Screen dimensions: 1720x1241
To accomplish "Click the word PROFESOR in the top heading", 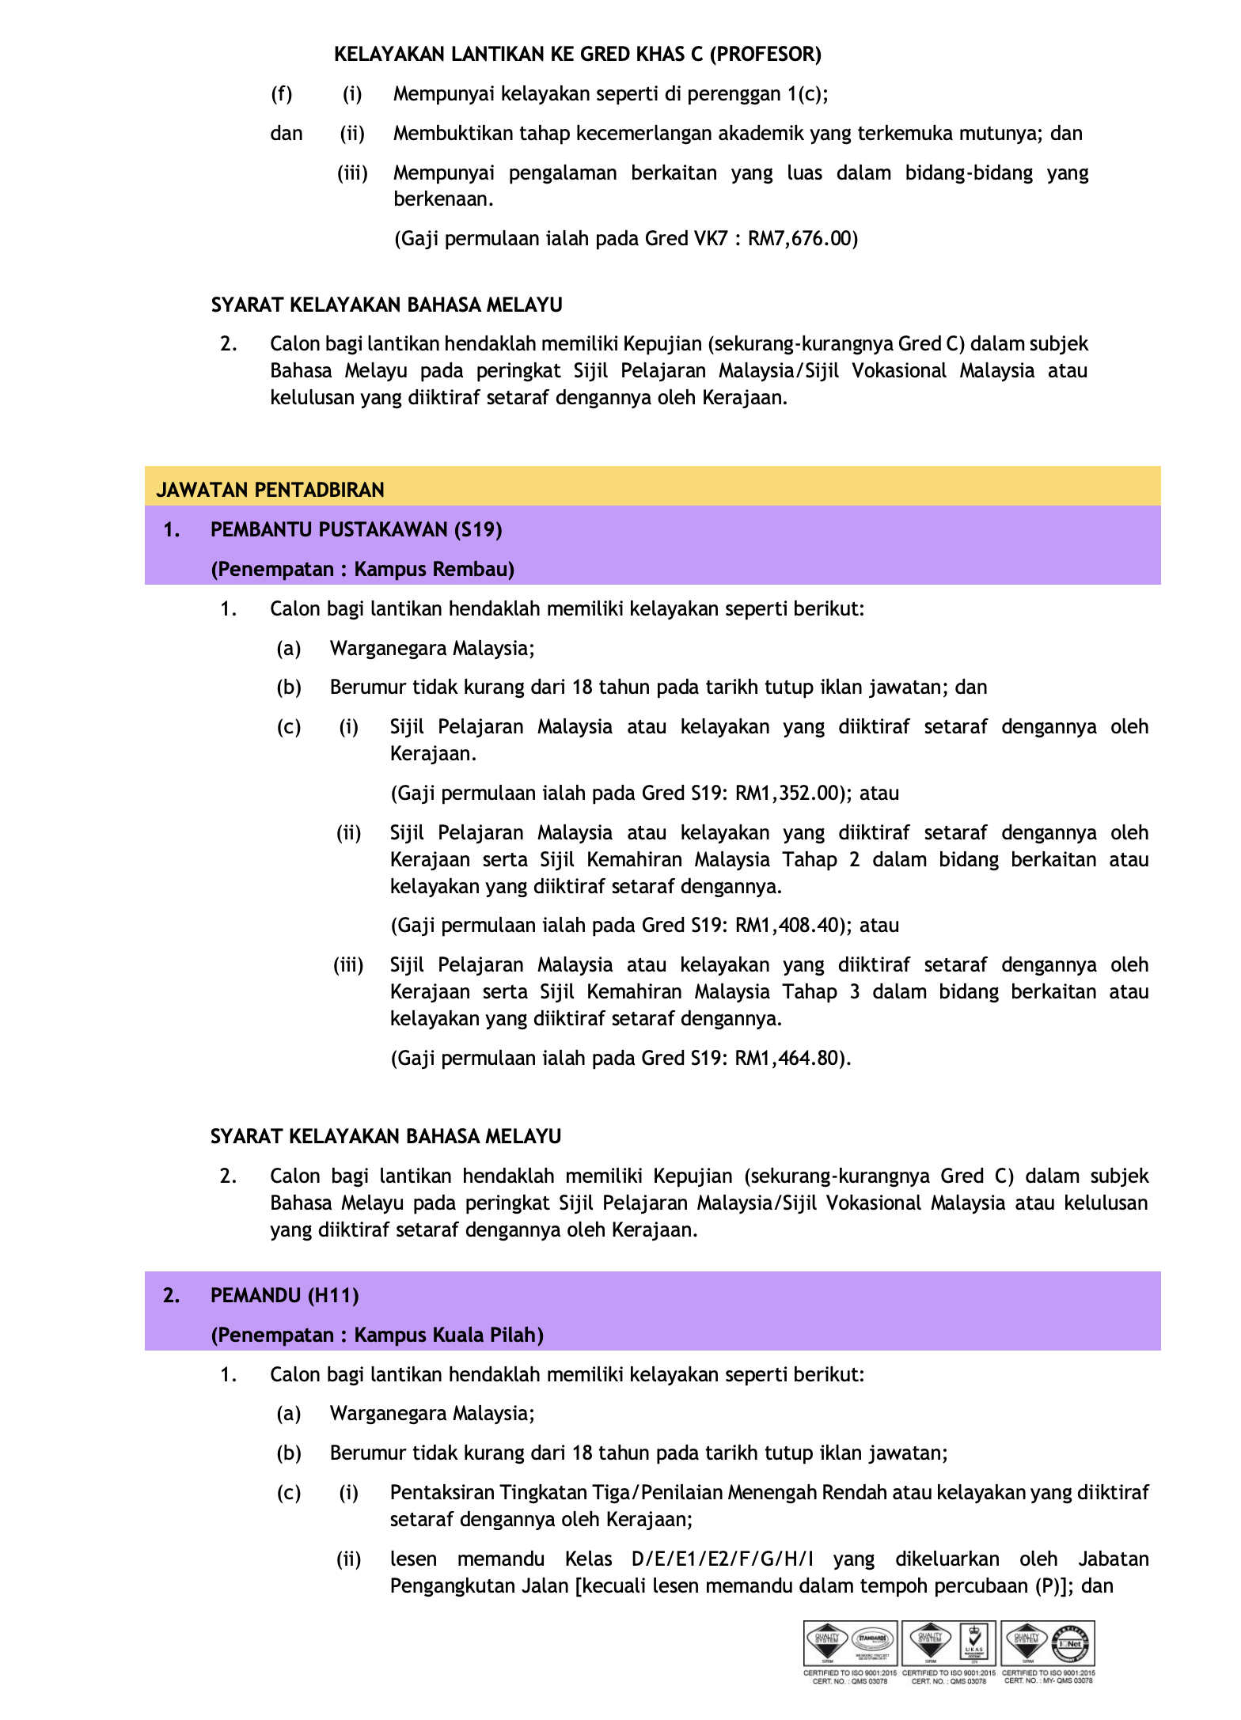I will tap(765, 55).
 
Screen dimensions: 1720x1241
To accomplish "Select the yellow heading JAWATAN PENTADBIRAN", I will tap(270, 491).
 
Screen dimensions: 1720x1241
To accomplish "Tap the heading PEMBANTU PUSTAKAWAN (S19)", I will tap(356, 530).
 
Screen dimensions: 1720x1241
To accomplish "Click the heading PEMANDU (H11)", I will tap(284, 1296).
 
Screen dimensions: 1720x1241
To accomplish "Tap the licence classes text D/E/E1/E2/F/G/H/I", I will tap(722, 1559).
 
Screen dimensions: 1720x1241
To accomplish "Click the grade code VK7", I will tap(710, 239).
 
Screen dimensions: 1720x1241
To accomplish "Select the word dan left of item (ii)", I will tap(287, 134).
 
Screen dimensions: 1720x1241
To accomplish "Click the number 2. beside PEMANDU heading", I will tap(171, 1296).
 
